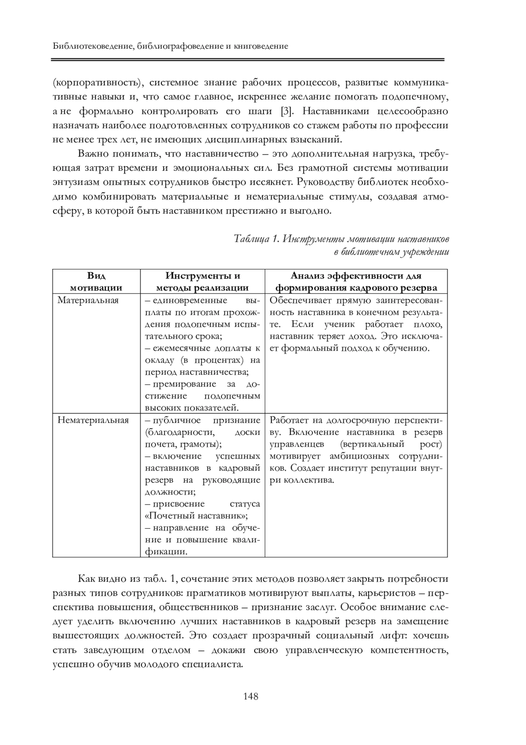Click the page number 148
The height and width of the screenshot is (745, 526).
point(250,696)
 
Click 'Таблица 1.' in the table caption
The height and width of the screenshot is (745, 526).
point(256,239)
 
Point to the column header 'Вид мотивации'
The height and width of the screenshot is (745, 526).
point(96,282)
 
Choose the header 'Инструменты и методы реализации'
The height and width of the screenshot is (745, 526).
point(203,282)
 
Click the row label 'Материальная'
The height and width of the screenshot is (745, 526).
point(88,301)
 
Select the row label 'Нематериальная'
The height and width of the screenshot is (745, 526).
point(93,420)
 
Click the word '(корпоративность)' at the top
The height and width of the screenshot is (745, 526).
point(96,82)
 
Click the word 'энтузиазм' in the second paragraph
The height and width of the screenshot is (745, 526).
point(76,182)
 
